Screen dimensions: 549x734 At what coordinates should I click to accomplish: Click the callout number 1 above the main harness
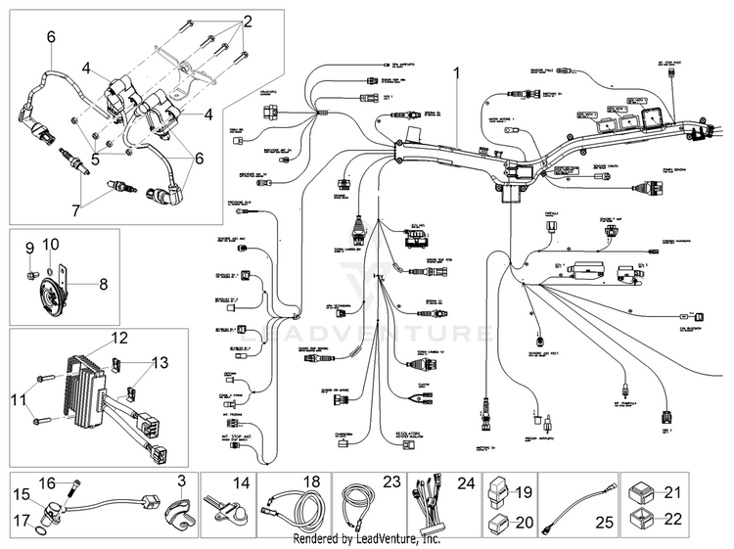[x=455, y=71]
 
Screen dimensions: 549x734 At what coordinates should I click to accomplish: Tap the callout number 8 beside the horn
[x=103, y=285]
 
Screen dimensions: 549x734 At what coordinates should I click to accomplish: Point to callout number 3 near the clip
[x=181, y=480]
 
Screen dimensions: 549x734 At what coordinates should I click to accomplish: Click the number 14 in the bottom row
[x=242, y=482]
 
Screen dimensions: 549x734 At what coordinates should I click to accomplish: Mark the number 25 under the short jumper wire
[x=605, y=524]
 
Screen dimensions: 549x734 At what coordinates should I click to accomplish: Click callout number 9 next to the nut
[x=29, y=246]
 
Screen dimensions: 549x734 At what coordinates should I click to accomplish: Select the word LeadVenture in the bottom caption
[x=388, y=539]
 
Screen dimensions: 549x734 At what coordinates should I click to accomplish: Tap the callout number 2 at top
[x=247, y=21]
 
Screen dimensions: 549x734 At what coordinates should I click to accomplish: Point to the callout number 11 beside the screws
[x=18, y=398]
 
